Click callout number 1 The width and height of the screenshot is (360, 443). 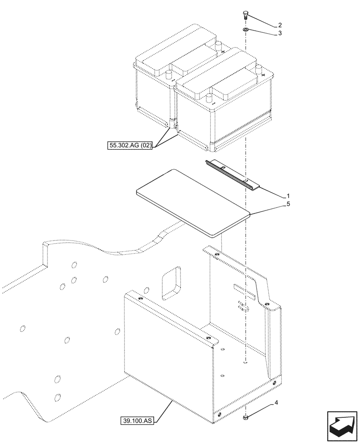(288, 196)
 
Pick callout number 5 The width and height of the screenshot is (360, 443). (288, 204)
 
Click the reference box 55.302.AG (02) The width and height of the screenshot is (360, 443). (129, 145)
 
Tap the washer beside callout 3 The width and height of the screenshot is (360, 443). (245, 30)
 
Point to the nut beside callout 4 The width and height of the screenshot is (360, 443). (245, 417)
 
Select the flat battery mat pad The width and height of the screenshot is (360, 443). (191, 202)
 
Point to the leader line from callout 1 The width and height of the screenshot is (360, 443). (271, 191)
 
